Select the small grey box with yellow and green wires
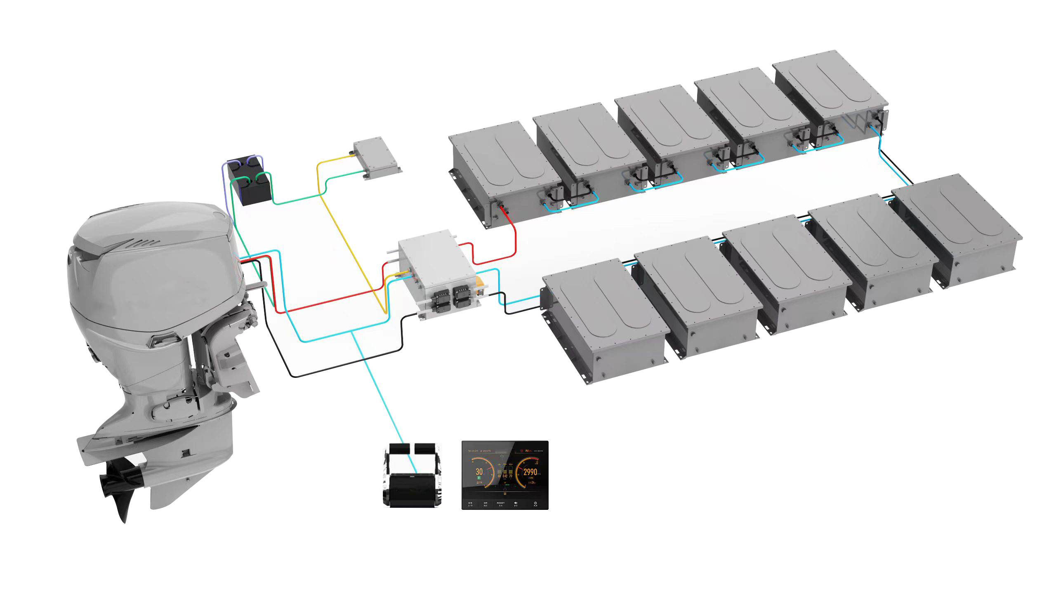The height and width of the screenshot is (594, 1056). click(x=376, y=159)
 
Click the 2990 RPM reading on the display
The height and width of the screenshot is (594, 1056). click(x=530, y=472)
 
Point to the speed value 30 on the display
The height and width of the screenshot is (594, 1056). click(x=479, y=471)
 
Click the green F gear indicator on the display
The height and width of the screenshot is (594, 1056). click(x=479, y=478)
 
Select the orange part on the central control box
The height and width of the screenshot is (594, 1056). click(x=480, y=284)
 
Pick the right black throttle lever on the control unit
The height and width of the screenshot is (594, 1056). click(x=425, y=449)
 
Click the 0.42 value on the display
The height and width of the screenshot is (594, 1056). click(x=505, y=476)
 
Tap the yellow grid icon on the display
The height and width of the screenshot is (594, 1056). click(x=504, y=493)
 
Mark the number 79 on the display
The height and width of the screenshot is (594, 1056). click(x=511, y=476)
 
